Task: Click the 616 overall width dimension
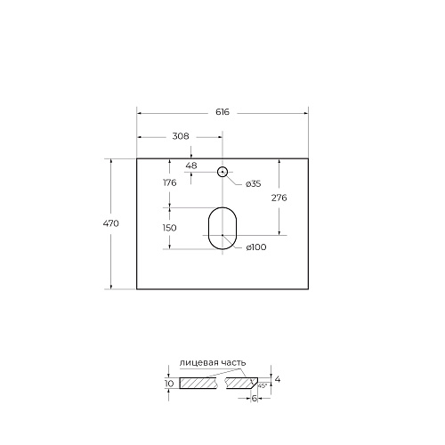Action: pos(222,112)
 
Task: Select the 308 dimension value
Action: pos(181,136)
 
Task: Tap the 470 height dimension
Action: pos(111,223)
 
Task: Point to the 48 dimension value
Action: pos(191,166)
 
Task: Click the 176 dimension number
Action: pos(170,182)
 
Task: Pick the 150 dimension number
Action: pos(170,228)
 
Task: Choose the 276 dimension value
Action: pos(279,198)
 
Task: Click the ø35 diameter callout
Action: pos(253,184)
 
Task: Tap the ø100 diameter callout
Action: pos(256,247)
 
